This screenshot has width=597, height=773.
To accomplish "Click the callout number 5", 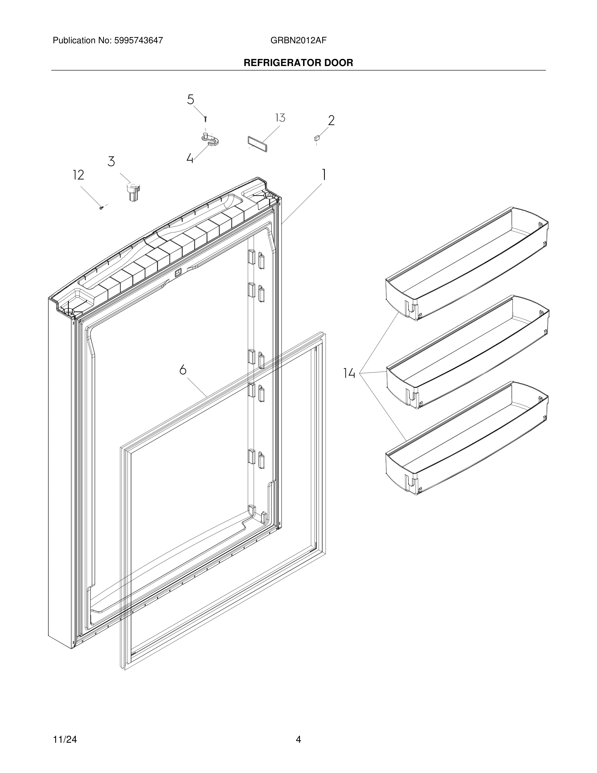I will [x=191, y=100].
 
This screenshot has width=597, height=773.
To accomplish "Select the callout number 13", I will [x=280, y=118].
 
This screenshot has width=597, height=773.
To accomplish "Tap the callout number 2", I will [x=331, y=121].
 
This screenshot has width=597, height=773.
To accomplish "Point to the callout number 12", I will [x=78, y=175].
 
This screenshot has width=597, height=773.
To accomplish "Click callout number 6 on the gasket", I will [x=182, y=370].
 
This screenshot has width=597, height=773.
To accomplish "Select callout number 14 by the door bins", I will [x=349, y=373].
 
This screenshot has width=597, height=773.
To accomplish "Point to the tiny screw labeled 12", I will [x=101, y=208].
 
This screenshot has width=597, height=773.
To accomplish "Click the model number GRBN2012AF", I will [x=298, y=41].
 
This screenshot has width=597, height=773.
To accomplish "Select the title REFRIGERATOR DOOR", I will [x=298, y=63].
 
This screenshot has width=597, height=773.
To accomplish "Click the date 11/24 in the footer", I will [x=65, y=739].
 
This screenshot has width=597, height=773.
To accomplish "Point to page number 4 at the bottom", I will [x=298, y=739].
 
